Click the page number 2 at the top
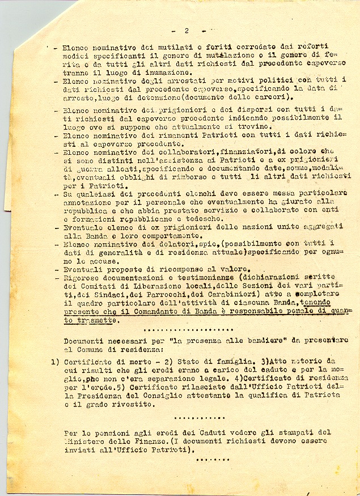point(186,30)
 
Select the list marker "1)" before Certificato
point(55,361)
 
